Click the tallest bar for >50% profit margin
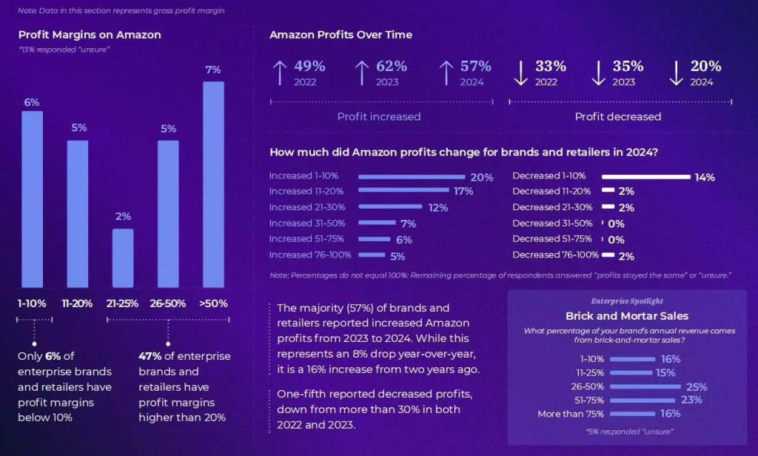pyautogui.click(x=213, y=184)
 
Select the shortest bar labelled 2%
pyautogui.click(x=123, y=258)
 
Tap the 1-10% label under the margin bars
pyautogui.click(x=32, y=304)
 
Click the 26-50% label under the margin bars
pyautogui.click(x=168, y=304)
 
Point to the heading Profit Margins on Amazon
pyautogui.click(x=90, y=35)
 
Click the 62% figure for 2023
pyautogui.click(x=392, y=67)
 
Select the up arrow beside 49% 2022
pyautogui.click(x=280, y=73)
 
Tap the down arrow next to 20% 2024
pyautogui.click(x=676, y=73)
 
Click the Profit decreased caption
pyautogui.click(x=618, y=116)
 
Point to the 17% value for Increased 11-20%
pyautogui.click(x=463, y=192)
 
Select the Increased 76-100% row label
pyautogui.click(x=310, y=255)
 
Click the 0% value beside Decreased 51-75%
pyautogui.click(x=616, y=240)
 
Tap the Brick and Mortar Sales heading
pyautogui.click(x=627, y=316)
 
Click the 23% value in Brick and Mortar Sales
pyautogui.click(x=691, y=400)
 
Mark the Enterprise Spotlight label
pyautogui.click(x=627, y=301)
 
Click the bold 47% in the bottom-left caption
pyautogui.click(x=150, y=356)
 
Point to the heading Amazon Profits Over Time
pyautogui.click(x=341, y=35)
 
